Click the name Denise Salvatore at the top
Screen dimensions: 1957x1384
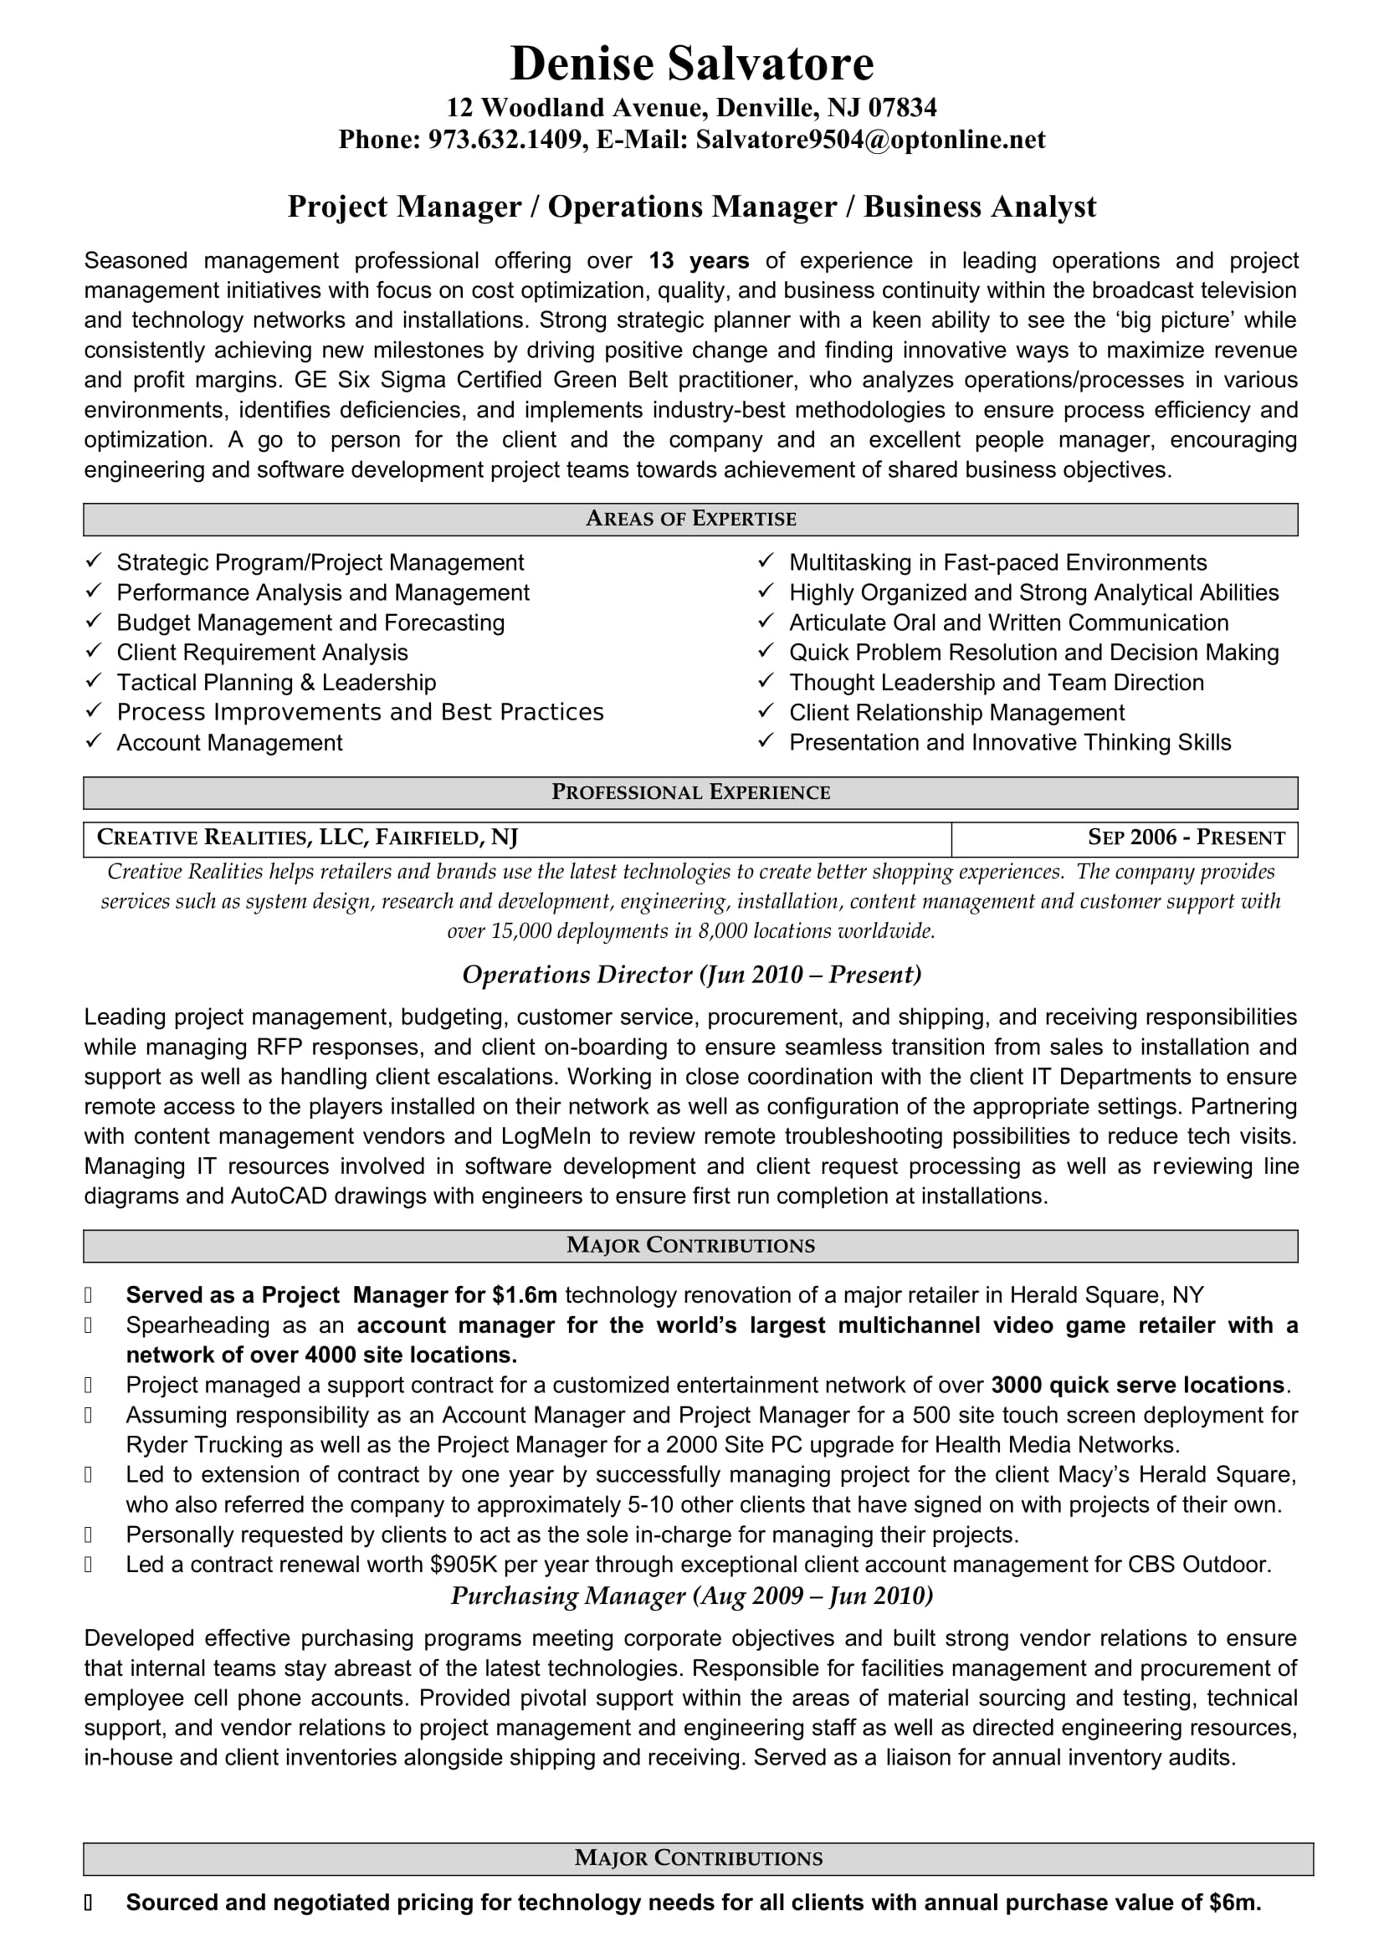pyautogui.click(x=691, y=64)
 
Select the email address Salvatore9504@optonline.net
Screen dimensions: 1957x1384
pyautogui.click(x=870, y=140)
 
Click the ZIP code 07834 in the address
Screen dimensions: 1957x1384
pyautogui.click(x=903, y=107)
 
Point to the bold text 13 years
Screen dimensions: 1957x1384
pyautogui.click(x=699, y=261)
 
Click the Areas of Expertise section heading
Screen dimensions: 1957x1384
pyautogui.click(x=691, y=519)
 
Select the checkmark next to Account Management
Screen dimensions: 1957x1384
pyautogui.click(x=94, y=741)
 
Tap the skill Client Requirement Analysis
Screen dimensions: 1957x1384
pyautogui.click(x=263, y=653)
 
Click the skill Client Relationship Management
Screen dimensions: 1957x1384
pyautogui.click(x=956, y=713)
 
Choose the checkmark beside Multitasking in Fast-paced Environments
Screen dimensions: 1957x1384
pyautogui.click(x=766, y=561)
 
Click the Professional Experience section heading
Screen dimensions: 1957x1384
pyautogui.click(x=691, y=792)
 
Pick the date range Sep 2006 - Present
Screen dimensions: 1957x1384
pyautogui.click(x=1186, y=838)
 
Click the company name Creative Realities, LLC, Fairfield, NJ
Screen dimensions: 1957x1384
pyautogui.click(x=308, y=838)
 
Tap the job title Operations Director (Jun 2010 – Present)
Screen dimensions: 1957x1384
pyautogui.click(x=691, y=975)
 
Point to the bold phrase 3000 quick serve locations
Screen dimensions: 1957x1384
pyautogui.click(x=1138, y=1385)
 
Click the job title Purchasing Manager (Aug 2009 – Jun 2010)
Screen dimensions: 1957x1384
pyautogui.click(x=691, y=1596)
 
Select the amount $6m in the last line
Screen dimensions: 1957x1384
pyautogui.click(x=1234, y=1903)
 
